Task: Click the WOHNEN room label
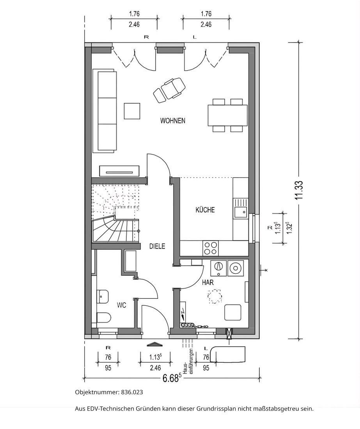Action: coord(173,121)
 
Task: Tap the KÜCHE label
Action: coord(205,210)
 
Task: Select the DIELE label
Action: coord(157,246)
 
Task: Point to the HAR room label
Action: coord(208,282)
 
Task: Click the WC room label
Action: coord(121,305)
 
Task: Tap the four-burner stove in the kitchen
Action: coord(210,248)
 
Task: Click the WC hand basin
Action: coord(103,296)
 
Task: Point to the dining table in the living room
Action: coord(228,115)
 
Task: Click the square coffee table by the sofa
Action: coord(132,111)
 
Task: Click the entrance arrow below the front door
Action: coord(155,344)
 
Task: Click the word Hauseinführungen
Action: coord(189,361)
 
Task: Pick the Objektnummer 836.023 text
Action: coord(109,392)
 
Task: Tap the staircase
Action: coord(116,213)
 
